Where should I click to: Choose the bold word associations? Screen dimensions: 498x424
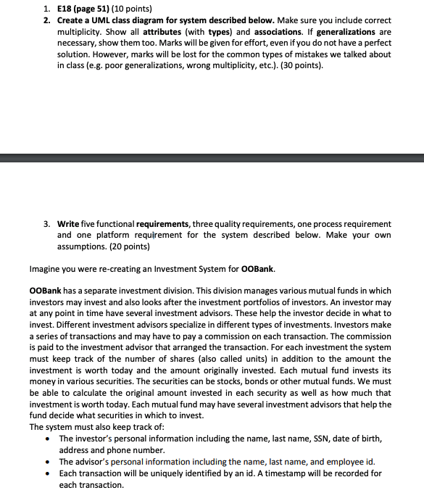[260, 33]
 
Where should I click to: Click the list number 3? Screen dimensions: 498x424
[45, 223]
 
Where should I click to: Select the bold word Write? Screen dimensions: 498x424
[70, 223]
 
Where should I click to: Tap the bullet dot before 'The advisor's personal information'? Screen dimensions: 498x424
[48, 462]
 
